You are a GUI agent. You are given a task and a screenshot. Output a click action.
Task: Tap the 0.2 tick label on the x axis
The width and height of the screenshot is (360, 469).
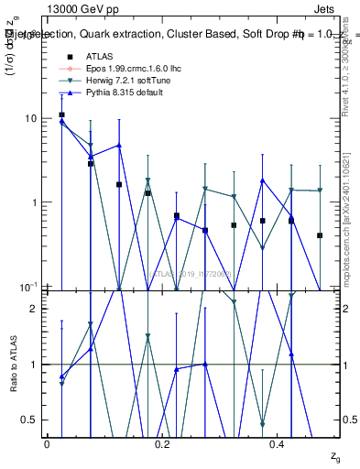(162, 444)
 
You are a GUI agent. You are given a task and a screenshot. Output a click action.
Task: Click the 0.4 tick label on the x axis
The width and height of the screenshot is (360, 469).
(278, 444)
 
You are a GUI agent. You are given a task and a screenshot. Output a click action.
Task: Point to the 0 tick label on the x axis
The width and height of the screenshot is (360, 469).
(47, 444)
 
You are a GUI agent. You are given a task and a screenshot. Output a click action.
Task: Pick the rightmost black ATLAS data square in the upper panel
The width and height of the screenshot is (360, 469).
(320, 235)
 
